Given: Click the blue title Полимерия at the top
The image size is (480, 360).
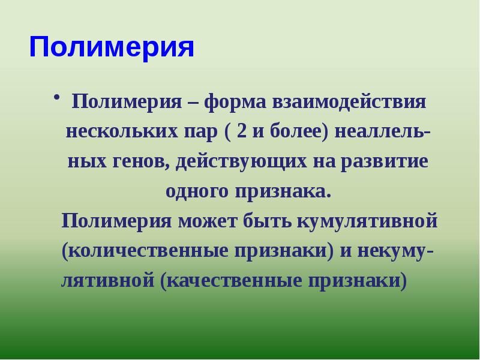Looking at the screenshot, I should pos(112,47).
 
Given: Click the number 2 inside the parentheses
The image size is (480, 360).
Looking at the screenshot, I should pos(241,131).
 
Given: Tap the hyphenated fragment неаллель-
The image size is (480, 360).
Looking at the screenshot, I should pos(382,131).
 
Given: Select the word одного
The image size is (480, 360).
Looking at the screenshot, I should pos(196,192).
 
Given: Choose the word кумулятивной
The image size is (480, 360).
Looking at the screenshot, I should pos(365,221).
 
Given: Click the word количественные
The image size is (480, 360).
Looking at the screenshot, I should pos(141,251).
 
